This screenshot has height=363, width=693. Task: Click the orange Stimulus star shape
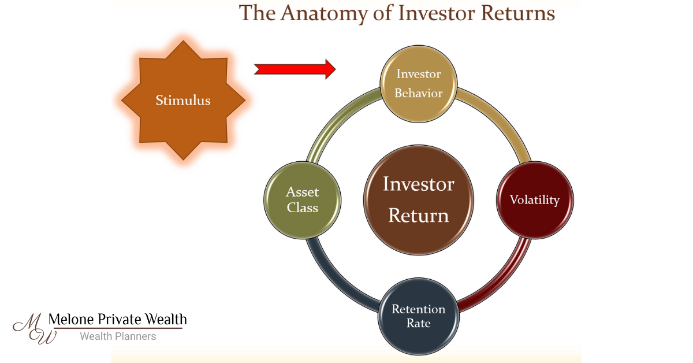183,100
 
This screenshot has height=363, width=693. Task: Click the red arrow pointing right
295,69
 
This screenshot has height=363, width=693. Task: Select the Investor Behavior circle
418,83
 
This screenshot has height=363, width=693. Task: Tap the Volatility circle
534,200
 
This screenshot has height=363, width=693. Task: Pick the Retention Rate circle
418,316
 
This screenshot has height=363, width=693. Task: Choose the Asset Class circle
303,199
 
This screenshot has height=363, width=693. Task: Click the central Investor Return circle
419,199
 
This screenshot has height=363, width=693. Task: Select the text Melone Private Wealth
118,319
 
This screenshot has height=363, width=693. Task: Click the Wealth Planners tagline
118,336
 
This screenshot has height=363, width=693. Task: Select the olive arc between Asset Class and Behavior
335,124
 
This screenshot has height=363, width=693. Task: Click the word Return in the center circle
419,215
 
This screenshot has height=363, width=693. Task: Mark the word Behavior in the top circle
418,92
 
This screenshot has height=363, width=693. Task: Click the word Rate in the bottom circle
418,324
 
